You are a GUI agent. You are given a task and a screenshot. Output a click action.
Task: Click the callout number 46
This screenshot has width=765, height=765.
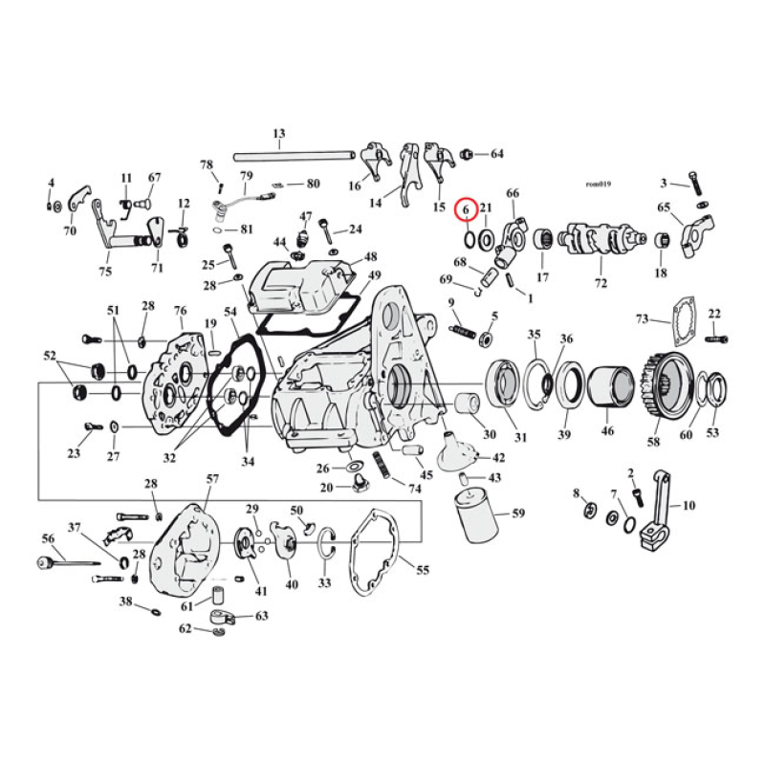point(607,432)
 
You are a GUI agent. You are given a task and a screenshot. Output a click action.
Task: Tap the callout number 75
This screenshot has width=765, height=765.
point(104,271)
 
